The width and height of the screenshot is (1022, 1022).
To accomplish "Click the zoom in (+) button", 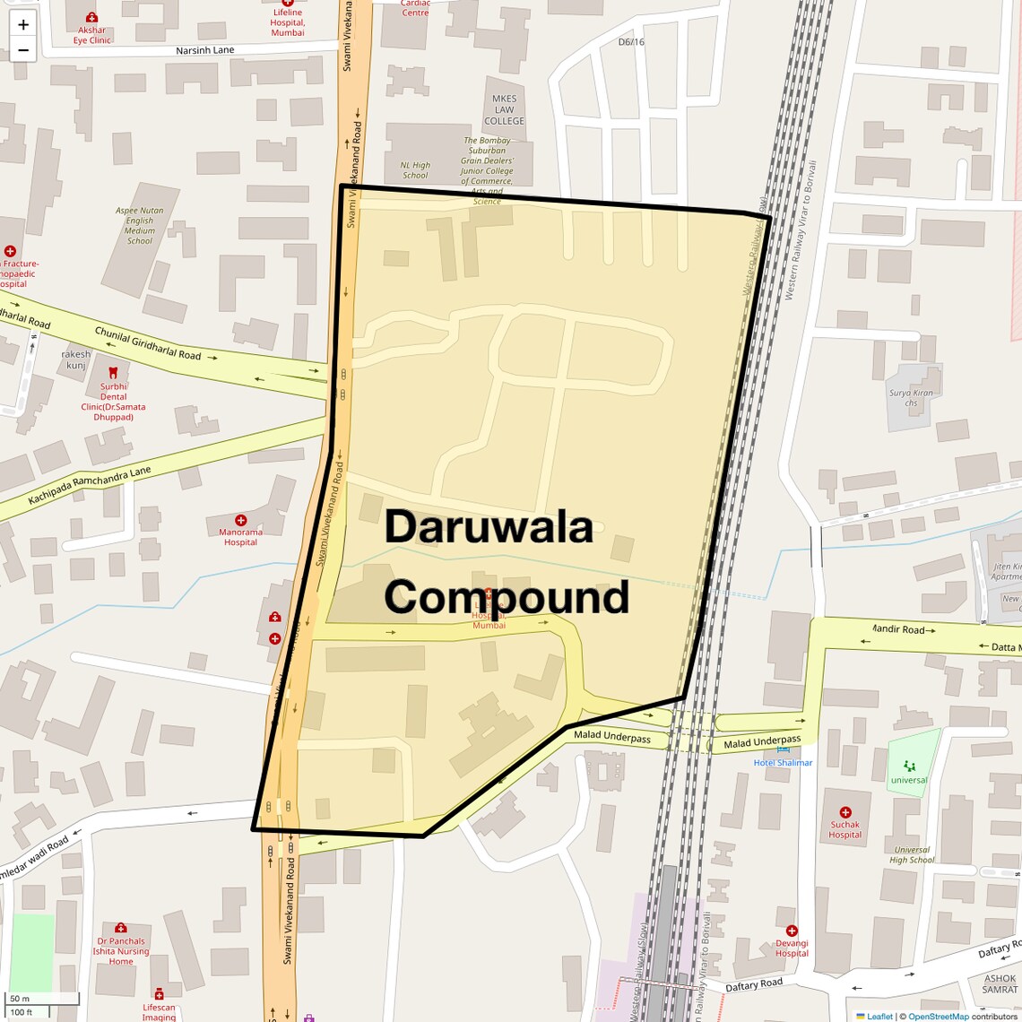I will tap(23, 25).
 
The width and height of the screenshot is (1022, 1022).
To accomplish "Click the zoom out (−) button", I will tap(23, 50).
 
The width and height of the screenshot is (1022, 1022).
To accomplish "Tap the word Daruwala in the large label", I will tap(489, 527).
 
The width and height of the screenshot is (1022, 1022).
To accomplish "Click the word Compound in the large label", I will tap(507, 597).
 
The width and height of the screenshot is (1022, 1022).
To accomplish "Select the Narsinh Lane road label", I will tap(205, 50).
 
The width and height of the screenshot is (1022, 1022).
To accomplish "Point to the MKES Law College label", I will tap(504, 109).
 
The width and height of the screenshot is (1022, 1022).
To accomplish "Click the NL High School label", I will tap(415, 170).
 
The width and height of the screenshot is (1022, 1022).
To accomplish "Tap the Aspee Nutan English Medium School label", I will tap(140, 226).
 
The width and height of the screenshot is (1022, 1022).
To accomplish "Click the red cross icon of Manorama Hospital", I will tap(240, 520).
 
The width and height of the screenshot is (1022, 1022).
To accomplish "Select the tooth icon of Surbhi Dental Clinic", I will tap(113, 372).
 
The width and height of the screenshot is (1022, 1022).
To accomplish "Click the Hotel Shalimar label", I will tap(783, 763).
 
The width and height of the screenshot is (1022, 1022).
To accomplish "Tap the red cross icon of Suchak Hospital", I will tap(844, 812).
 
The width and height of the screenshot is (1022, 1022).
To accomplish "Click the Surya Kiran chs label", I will tap(911, 398).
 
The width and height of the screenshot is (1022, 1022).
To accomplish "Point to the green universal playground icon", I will tap(910, 766).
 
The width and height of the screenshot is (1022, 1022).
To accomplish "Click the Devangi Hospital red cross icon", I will tap(791, 931).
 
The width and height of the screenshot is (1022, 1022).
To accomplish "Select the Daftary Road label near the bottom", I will tap(754, 985).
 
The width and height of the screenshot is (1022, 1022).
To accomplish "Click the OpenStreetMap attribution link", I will tap(938, 1017).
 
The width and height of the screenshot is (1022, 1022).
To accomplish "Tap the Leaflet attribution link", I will tap(879, 1017).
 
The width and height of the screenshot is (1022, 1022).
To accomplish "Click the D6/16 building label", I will tap(631, 42).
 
